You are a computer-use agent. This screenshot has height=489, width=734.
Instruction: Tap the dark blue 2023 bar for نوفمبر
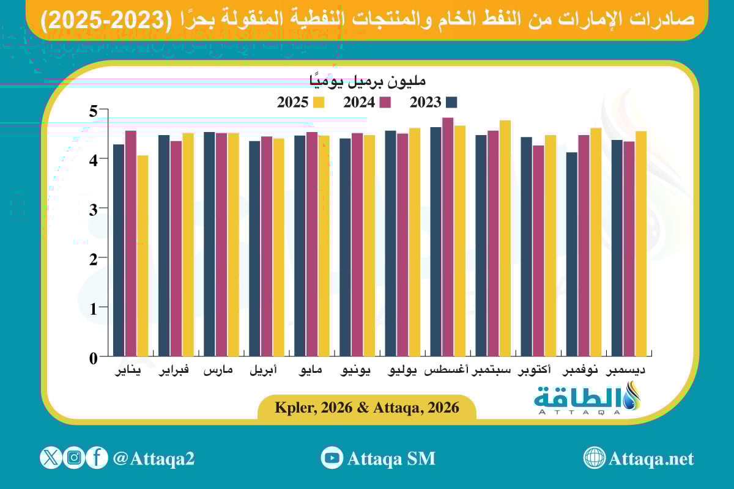pyautogui.click(x=572, y=254)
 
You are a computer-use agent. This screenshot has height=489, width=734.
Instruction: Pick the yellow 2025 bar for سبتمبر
pyautogui.click(x=505, y=238)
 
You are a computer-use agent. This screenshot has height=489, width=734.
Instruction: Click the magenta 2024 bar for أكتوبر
pyautogui.click(x=538, y=251)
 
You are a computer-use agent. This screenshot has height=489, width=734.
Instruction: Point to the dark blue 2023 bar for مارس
pyautogui.click(x=209, y=244)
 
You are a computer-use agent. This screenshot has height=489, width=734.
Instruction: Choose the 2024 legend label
pyautogui.click(x=358, y=103)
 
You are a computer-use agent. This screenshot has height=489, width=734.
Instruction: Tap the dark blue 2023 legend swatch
pyautogui.click(x=452, y=102)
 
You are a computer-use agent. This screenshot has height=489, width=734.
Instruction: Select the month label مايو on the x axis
pyautogui.click(x=312, y=371)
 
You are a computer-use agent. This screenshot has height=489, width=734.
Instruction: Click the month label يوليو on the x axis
pyautogui.click(x=403, y=371)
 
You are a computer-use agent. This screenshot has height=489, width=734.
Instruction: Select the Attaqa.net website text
pyautogui.click(x=651, y=458)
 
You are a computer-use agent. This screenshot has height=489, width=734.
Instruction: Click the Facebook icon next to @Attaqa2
pyautogui.click(x=97, y=458)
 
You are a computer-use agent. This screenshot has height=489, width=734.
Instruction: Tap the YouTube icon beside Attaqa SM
pyautogui.click(x=332, y=458)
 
